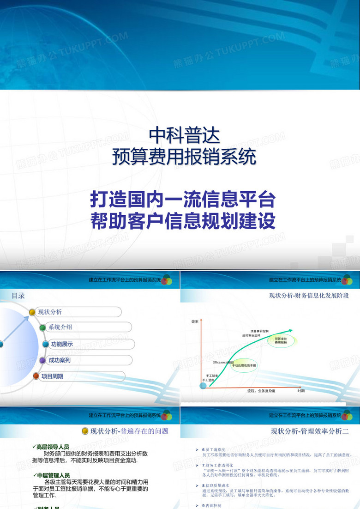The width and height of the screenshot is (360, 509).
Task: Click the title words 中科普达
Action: pyautogui.click(x=184, y=135)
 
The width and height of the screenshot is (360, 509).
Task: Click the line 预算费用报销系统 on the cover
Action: pyautogui.click(x=184, y=157)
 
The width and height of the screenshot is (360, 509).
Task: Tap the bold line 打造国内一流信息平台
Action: pyautogui.click(x=183, y=200)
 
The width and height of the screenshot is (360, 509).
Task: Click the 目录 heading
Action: pyautogui.click(x=18, y=296)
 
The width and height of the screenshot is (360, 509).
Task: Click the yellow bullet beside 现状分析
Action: pyautogui.click(x=32, y=312)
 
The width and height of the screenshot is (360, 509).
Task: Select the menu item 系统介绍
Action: pyautogui.click(x=60, y=327)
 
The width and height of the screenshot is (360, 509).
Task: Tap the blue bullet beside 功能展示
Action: pyautogui.click(x=45, y=344)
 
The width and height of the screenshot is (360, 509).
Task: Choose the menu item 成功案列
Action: pyautogui.click(x=60, y=360)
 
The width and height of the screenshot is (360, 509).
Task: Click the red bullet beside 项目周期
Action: pyautogui.click(x=36, y=376)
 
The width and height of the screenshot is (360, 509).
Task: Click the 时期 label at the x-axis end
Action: pyautogui.click(x=301, y=391)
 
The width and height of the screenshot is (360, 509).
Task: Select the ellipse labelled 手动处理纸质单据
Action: pyautogui.click(x=244, y=365)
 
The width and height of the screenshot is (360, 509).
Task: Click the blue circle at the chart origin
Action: pyautogui.click(x=203, y=385)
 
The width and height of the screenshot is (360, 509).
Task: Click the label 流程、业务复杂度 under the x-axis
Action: pyautogui.click(x=261, y=391)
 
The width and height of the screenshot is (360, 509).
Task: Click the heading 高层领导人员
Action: pyautogui.click(x=53, y=447)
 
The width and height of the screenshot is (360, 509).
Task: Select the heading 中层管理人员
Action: pyautogui.click(x=54, y=475)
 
